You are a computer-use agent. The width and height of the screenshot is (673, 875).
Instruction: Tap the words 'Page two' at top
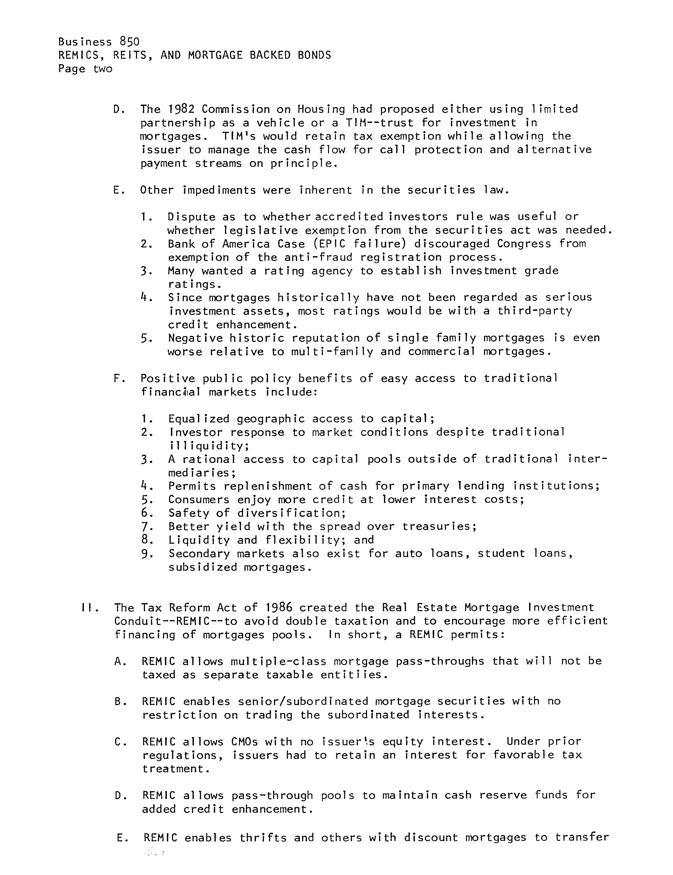(85, 69)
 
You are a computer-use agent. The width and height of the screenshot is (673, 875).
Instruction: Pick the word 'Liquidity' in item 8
(199, 540)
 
